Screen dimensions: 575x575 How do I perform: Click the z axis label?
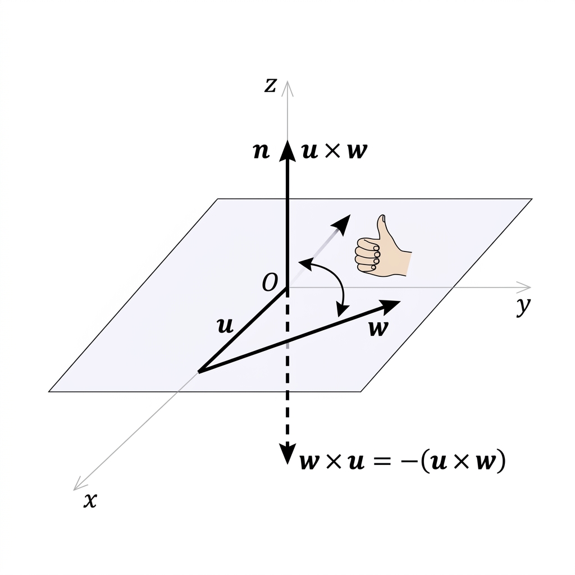click(270, 86)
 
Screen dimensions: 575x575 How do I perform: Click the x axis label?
click(90, 500)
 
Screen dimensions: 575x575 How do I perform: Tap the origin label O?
click(270, 283)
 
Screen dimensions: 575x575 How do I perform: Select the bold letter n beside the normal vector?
click(262, 150)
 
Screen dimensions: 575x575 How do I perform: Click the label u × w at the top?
click(335, 150)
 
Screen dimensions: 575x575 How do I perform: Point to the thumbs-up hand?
click(383, 246)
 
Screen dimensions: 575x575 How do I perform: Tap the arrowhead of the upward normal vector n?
click(287, 150)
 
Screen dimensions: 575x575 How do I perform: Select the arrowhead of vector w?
click(389, 307)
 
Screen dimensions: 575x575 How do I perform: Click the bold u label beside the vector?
click(225, 326)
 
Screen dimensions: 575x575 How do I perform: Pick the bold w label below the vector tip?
click(378, 328)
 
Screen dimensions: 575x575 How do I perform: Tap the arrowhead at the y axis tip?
click(524, 287)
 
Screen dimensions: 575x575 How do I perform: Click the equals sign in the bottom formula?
click(381, 462)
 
